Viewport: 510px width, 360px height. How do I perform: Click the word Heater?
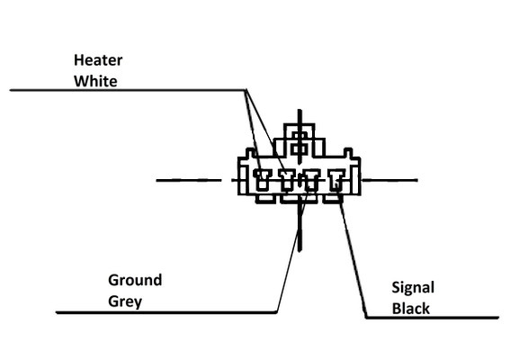[98, 60]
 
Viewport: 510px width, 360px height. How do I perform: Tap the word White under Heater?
[95, 81]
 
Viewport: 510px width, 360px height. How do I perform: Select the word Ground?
[135, 280]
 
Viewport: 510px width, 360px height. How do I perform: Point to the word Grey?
[125, 301]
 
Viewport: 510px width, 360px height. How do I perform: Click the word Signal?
[413, 288]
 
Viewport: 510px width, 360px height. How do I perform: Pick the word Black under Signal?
[411, 309]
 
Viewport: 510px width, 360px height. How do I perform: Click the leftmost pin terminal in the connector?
[262, 180]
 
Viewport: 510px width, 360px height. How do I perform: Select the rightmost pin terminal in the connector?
[336, 180]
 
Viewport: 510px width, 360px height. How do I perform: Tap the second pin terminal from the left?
[287, 180]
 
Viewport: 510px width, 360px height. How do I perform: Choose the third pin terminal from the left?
[311, 180]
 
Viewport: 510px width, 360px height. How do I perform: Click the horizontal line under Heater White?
[128, 90]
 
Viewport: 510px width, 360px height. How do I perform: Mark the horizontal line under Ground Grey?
[166, 312]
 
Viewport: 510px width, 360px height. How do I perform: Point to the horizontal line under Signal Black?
[433, 318]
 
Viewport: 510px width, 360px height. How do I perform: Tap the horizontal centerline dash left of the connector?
[189, 180]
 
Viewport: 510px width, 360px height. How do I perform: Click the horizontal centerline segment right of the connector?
[390, 180]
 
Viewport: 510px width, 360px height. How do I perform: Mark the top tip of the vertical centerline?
[300, 110]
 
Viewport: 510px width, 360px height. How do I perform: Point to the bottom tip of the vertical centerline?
[300, 251]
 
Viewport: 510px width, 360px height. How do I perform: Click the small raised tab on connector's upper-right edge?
[348, 153]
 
